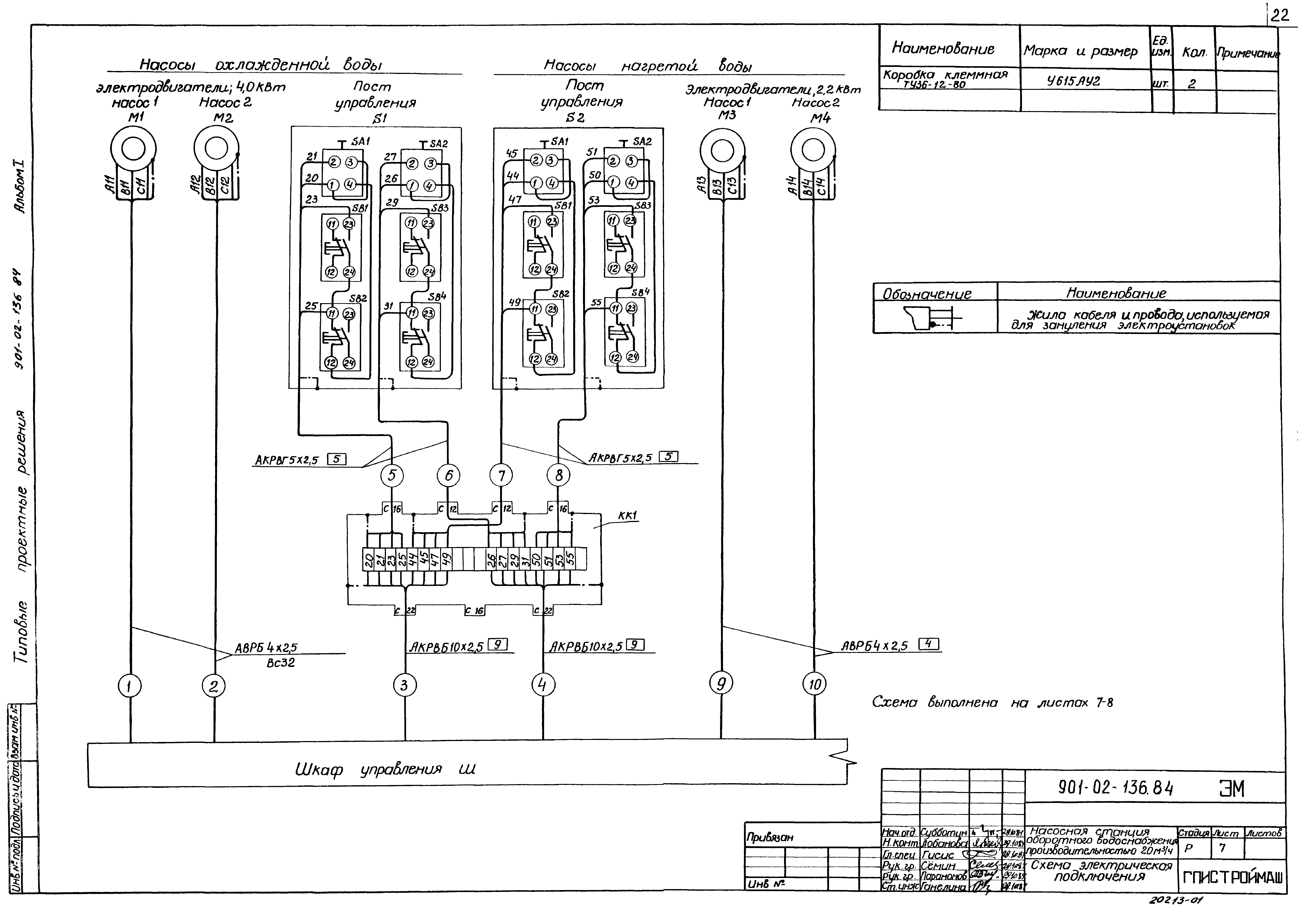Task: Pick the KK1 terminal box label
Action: (x=628, y=515)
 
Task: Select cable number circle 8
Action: (x=559, y=476)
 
